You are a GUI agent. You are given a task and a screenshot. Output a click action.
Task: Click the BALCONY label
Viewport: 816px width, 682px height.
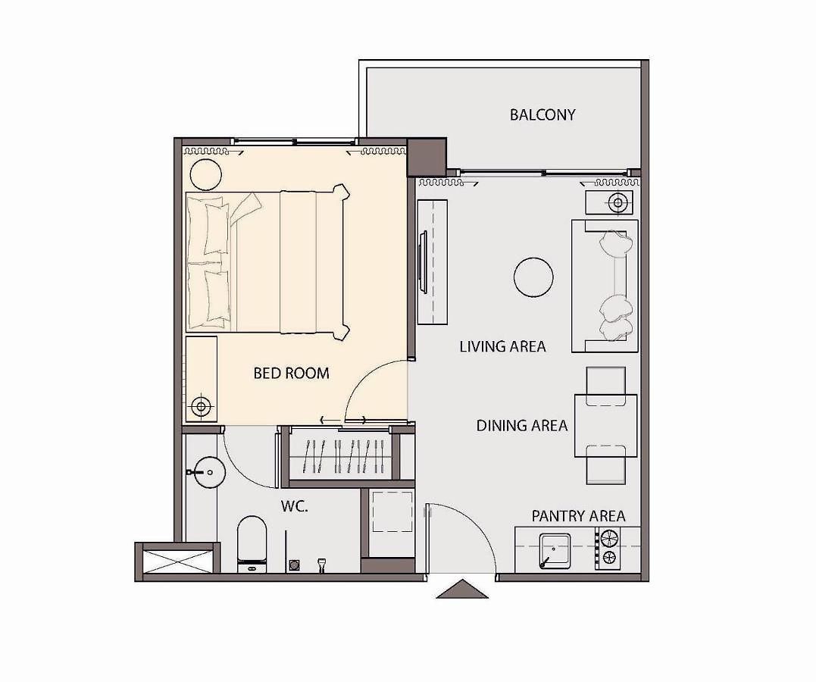pos(542,114)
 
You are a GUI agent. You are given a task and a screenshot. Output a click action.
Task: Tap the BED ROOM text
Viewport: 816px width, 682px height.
pos(291,373)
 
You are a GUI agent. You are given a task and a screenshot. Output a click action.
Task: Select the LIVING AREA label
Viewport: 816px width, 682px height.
pos(502,346)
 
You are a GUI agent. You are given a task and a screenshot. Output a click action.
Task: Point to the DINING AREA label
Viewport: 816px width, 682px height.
pos(521,425)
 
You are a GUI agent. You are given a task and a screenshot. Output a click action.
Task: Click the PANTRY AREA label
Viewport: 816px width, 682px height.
pos(578,516)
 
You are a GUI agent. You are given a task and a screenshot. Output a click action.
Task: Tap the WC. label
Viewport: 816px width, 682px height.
pos(295,506)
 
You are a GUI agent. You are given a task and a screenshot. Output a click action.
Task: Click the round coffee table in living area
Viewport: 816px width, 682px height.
pos(533,278)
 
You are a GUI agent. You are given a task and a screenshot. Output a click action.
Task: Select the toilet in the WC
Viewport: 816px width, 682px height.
pos(252,544)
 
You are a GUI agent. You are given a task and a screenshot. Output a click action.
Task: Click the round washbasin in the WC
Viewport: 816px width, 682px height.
pos(209,472)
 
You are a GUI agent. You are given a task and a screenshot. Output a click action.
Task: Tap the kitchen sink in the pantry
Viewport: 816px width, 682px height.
pos(555,551)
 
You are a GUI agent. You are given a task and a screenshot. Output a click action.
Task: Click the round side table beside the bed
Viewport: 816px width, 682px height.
pos(206,174)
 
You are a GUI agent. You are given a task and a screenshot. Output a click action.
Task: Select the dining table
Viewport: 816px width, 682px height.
pos(606,426)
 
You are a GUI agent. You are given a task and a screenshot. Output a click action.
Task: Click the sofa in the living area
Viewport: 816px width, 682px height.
pos(605,286)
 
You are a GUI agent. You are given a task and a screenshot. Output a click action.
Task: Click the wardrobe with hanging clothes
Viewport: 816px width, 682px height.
pos(341,455)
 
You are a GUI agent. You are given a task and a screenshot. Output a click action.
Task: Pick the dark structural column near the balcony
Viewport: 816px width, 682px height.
pos(427,157)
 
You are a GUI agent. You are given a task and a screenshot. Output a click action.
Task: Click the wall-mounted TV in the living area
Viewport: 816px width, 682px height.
pos(423,261)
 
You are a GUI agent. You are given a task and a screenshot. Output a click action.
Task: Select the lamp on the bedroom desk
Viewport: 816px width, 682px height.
pos(202,405)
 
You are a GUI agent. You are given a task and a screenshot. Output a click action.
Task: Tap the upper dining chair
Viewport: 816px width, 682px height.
pos(606,386)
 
